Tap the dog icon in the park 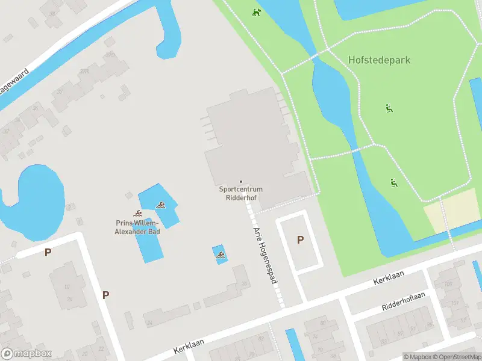click(x=257, y=11)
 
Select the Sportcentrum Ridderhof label click(x=240, y=193)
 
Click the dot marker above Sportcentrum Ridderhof click(x=241, y=182)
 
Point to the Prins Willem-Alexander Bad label click(x=138, y=226)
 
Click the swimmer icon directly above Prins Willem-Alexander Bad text click(x=138, y=214)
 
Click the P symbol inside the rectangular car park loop click(x=300, y=240)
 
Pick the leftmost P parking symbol click(x=48, y=253)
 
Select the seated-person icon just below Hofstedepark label click(x=389, y=108)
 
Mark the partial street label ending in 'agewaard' click(x=13, y=83)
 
